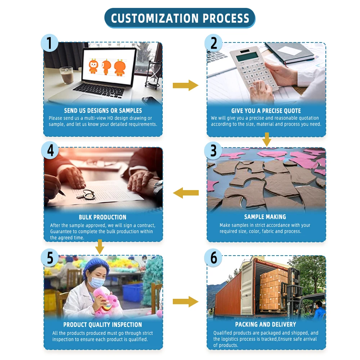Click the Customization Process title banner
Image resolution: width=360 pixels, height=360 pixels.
180,18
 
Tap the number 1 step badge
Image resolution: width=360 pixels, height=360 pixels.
50,43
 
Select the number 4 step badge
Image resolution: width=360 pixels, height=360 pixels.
50,150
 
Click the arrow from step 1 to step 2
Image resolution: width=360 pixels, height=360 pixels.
185,85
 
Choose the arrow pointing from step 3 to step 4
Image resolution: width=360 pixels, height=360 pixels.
186,193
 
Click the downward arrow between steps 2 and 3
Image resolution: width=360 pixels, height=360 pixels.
266,139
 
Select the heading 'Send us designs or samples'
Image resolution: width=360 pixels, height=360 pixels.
103,111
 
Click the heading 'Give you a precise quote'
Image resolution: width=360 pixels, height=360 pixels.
266,111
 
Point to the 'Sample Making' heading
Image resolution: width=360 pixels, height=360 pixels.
265,217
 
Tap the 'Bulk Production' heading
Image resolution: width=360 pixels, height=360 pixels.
103,217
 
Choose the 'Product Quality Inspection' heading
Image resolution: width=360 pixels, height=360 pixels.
103,325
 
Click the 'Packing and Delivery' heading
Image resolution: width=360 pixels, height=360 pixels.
266,324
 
